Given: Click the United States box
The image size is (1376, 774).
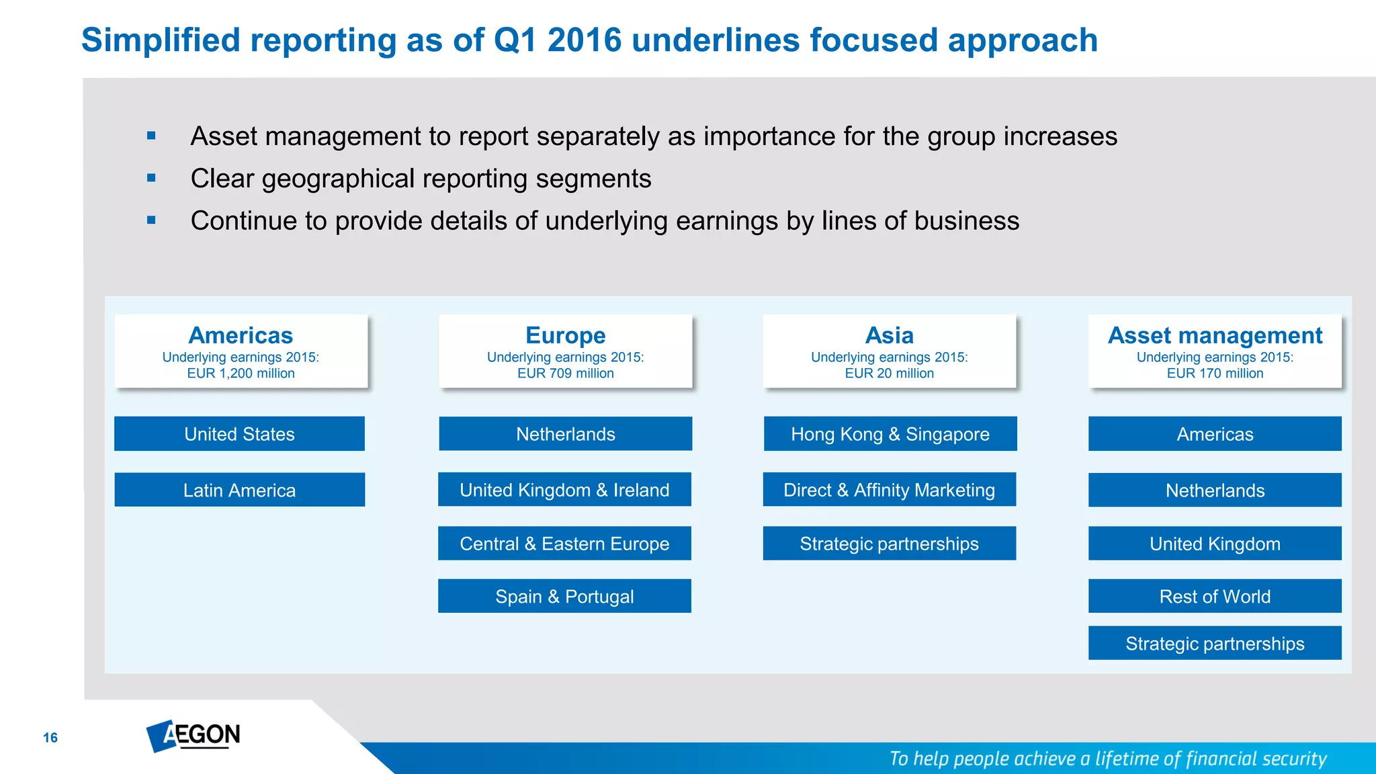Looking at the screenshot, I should (239, 434).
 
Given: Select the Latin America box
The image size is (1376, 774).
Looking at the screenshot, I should (239, 490).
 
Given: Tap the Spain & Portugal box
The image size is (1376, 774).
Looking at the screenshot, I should (564, 596).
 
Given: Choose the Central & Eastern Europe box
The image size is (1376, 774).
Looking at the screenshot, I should (564, 543).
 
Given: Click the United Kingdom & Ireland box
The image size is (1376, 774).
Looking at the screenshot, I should (564, 490).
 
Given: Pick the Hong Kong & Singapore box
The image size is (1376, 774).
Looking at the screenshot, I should (890, 434).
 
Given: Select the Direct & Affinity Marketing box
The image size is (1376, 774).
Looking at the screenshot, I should (889, 490).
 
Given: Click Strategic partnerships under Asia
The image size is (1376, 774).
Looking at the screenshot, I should (889, 543).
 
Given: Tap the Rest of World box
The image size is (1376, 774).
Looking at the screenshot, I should (1215, 596).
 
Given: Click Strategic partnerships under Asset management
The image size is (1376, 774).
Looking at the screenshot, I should (1215, 643).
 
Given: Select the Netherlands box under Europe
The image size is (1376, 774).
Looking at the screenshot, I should (565, 434).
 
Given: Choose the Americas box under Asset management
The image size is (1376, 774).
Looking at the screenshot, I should (1215, 434).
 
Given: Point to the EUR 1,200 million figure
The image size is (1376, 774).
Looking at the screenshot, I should (241, 374).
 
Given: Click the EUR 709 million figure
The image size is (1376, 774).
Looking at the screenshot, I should (565, 374).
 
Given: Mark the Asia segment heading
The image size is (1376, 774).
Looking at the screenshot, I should (889, 335).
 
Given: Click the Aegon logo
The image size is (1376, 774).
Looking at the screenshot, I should (193, 736).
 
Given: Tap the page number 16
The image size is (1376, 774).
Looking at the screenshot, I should (50, 738).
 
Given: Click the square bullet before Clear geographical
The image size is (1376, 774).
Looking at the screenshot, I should (151, 178).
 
